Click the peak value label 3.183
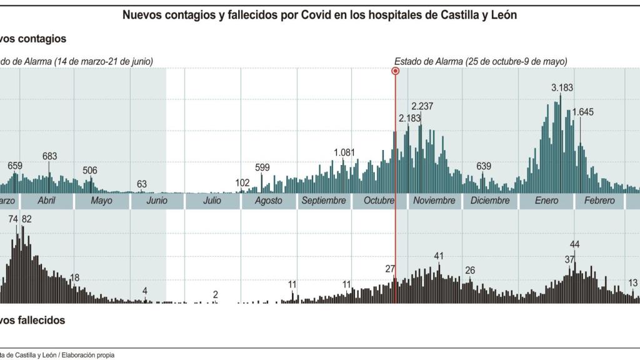562,88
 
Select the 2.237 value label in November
422,106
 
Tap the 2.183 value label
410,117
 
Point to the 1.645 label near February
582,112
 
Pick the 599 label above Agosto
262,167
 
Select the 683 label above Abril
50,156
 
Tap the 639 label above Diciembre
484,166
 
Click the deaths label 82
27,219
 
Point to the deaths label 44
574,244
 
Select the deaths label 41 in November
439,256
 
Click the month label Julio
212,201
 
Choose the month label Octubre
379,201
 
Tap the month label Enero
547,201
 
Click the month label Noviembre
434,201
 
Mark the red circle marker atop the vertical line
395,71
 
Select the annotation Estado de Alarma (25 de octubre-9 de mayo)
480,61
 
